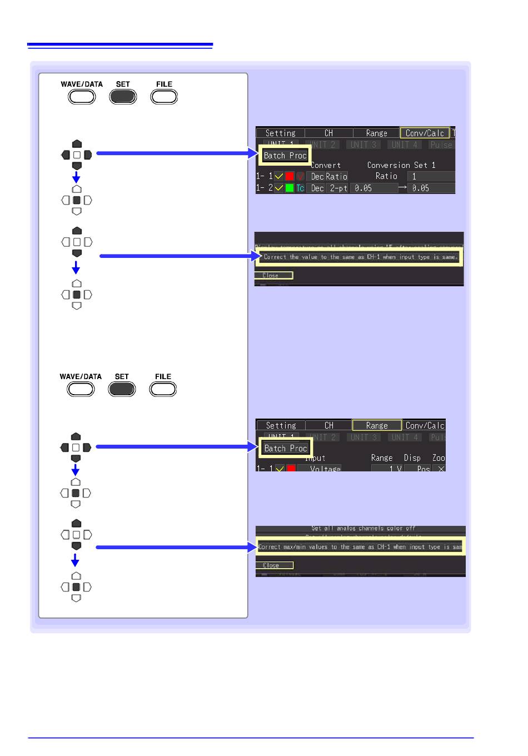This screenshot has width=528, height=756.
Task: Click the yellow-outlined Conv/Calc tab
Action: click(x=425, y=133)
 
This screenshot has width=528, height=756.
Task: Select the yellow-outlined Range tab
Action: click(x=377, y=425)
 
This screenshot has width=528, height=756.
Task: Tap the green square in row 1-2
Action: click(x=290, y=188)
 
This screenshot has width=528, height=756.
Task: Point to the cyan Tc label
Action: click(x=300, y=188)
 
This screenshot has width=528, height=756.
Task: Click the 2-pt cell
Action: click(x=338, y=188)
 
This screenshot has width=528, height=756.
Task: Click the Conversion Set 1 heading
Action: click(x=401, y=165)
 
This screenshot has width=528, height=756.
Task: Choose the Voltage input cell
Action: click(x=325, y=469)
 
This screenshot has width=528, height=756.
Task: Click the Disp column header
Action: click(x=412, y=457)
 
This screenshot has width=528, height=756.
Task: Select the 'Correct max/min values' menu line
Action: click(x=360, y=547)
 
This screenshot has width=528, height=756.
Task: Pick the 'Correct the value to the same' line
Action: click(x=360, y=257)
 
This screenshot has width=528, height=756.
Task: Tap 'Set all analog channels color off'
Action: click(x=363, y=528)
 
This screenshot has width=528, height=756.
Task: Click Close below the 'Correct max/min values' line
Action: click(x=272, y=565)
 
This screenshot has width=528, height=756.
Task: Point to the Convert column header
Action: click(x=326, y=165)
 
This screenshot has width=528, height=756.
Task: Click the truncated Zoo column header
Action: click(x=439, y=457)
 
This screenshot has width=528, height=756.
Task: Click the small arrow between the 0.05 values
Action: click(x=403, y=187)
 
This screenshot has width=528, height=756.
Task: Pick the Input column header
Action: click(x=315, y=457)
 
